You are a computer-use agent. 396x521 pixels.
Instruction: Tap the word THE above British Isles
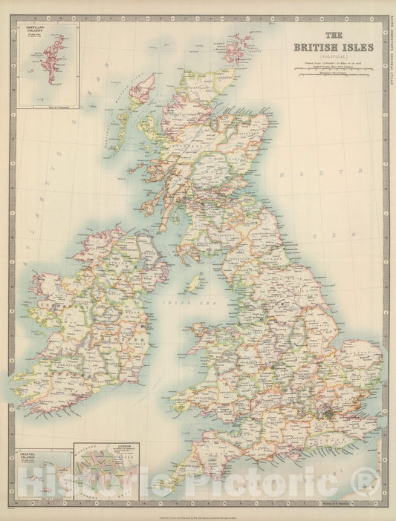click(x=335, y=35)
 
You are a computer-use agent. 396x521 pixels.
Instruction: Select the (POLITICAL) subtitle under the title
click(x=335, y=57)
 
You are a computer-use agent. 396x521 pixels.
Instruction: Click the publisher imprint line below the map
click(x=197, y=513)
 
